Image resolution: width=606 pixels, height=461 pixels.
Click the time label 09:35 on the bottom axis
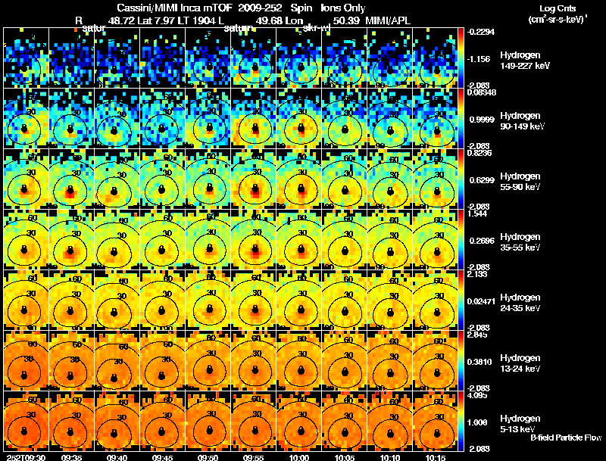click(x=73, y=457)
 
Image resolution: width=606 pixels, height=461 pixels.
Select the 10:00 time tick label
click(x=299, y=457)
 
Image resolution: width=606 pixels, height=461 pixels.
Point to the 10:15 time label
click(x=435, y=457)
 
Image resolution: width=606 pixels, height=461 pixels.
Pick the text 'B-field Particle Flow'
click(x=565, y=438)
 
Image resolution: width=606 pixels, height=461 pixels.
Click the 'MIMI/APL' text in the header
click(x=389, y=20)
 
